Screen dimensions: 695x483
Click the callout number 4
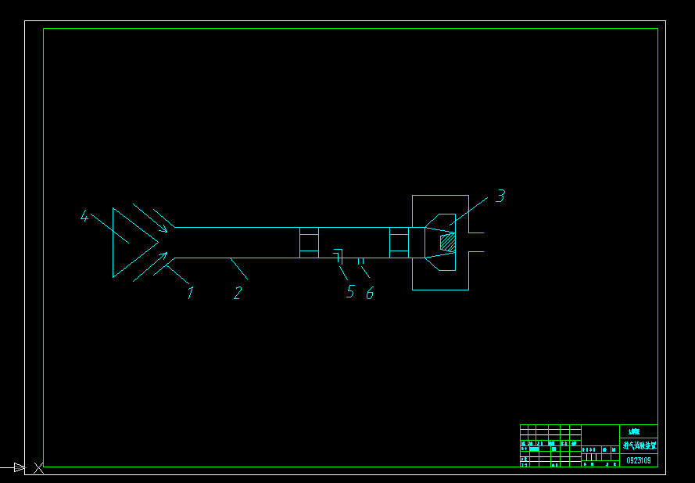pyautogui.click(x=84, y=216)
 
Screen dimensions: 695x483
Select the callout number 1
pyautogui.click(x=189, y=293)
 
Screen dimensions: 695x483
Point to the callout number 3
pyautogui.click(x=500, y=196)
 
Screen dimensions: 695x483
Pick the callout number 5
pyautogui.click(x=350, y=292)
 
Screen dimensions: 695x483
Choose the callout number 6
pyautogui.click(x=370, y=292)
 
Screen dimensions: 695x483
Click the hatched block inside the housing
pyautogui.click(x=447, y=243)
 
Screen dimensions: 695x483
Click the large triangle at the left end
pyautogui.click(x=129, y=242)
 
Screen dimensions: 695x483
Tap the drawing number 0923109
pyautogui.click(x=639, y=460)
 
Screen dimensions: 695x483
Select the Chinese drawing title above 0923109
pyautogui.click(x=639, y=445)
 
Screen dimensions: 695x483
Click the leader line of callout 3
pyautogui.click(x=469, y=211)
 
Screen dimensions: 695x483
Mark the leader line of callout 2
pyautogui.click(x=238, y=268)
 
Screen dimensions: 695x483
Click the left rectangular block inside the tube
pyautogui.click(x=310, y=243)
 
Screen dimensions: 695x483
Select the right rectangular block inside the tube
pyautogui.click(x=399, y=243)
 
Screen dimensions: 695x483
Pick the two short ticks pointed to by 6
pyautogui.click(x=360, y=261)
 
